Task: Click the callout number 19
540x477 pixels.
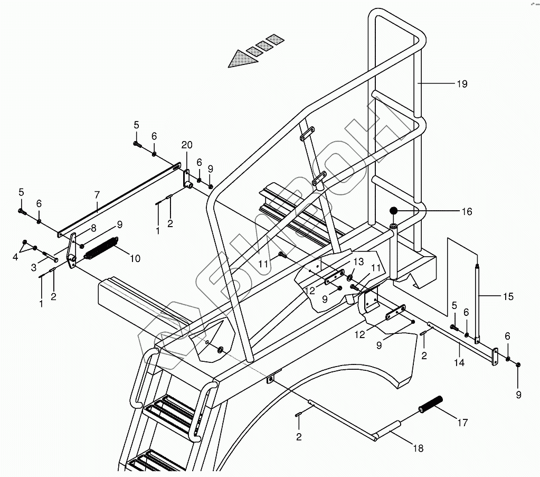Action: pyautogui.click(x=462, y=84)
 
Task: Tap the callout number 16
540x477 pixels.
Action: pyautogui.click(x=467, y=212)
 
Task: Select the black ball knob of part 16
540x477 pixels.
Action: pyautogui.click(x=394, y=211)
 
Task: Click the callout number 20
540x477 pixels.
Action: pyautogui.click(x=186, y=145)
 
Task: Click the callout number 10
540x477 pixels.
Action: pyautogui.click(x=135, y=258)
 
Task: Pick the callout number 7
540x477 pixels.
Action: pyautogui.click(x=97, y=195)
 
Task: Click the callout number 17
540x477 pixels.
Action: pyautogui.click(x=462, y=423)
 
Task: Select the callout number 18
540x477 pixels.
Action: pyautogui.click(x=418, y=448)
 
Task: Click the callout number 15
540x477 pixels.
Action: pyautogui.click(x=508, y=297)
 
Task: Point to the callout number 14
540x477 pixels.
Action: pyautogui.click(x=459, y=363)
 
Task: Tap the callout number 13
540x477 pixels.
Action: pyautogui.click(x=359, y=262)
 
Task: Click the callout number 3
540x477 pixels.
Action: pyautogui.click(x=34, y=268)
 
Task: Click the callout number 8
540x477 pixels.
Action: pyautogui.click(x=93, y=228)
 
